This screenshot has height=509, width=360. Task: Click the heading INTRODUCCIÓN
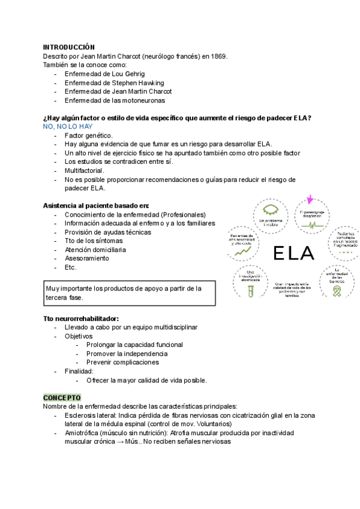69,47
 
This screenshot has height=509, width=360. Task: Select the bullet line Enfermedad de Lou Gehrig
104,74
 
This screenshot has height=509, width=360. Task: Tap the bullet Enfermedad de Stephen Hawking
114,83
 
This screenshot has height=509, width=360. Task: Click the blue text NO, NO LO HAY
68,127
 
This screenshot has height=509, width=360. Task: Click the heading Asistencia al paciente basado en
96,205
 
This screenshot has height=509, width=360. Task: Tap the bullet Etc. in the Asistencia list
70,267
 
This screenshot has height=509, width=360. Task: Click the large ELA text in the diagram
293,253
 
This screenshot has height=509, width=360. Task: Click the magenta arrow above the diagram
310,200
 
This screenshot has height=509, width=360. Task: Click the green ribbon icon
338,291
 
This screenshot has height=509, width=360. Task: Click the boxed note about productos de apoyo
129,293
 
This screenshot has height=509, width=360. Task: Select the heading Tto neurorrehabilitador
81,318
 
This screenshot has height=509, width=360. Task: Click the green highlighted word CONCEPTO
62,397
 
